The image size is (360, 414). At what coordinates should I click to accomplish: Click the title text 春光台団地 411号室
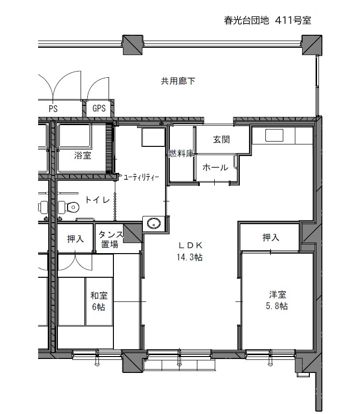267,20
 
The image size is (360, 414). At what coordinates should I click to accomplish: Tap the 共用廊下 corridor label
178,81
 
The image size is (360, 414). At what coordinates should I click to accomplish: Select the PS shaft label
53,109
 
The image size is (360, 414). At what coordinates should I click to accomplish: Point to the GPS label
99,108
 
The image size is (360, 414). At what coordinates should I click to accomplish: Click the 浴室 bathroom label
83,155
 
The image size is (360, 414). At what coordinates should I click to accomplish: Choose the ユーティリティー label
141,177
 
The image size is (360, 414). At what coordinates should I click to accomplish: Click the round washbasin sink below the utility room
153,223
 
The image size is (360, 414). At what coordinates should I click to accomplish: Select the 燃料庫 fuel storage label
181,153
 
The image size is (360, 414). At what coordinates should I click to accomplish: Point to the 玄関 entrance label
222,140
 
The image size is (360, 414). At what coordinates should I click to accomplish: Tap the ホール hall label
215,168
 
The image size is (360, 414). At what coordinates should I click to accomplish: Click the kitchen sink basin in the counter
274,135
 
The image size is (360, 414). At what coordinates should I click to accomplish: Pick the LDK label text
191,245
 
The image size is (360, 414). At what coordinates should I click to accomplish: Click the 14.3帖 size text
190,257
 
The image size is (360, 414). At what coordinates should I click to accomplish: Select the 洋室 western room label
277,294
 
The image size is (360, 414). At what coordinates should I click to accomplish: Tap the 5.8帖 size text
277,306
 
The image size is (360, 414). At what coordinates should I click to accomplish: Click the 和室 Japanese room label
99,295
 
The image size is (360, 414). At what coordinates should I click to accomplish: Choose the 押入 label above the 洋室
271,237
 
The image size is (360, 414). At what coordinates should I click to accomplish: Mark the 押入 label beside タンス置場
75,239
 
